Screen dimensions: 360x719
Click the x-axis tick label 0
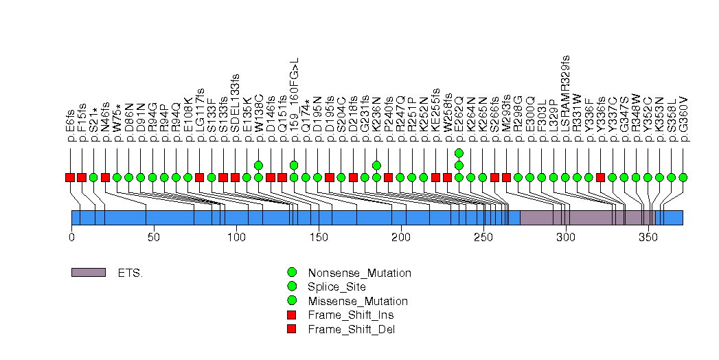[x=71, y=237]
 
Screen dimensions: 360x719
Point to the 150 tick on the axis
[x=319, y=237]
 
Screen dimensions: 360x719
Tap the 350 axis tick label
[x=648, y=237]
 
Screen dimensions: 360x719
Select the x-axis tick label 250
[x=483, y=237]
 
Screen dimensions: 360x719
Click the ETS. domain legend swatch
[x=88, y=273]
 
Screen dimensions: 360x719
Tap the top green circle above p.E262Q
[x=459, y=153]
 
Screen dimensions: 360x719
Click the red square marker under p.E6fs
[x=70, y=177]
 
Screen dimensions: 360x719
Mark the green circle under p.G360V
[x=683, y=177]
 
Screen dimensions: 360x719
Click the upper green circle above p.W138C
[x=258, y=165]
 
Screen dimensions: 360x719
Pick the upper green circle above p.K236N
[x=376, y=165]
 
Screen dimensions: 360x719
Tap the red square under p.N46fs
[x=105, y=177]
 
